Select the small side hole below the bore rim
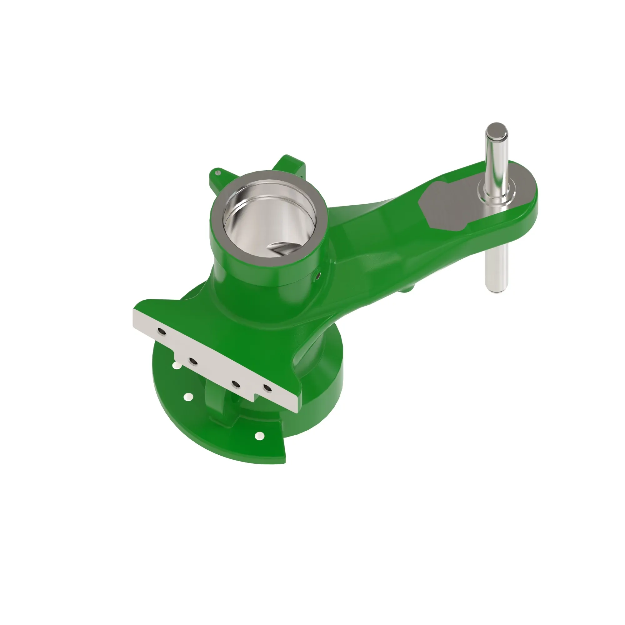[x=318, y=275]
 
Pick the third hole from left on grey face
[x=236, y=385]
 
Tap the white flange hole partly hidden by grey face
[x=177, y=366]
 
